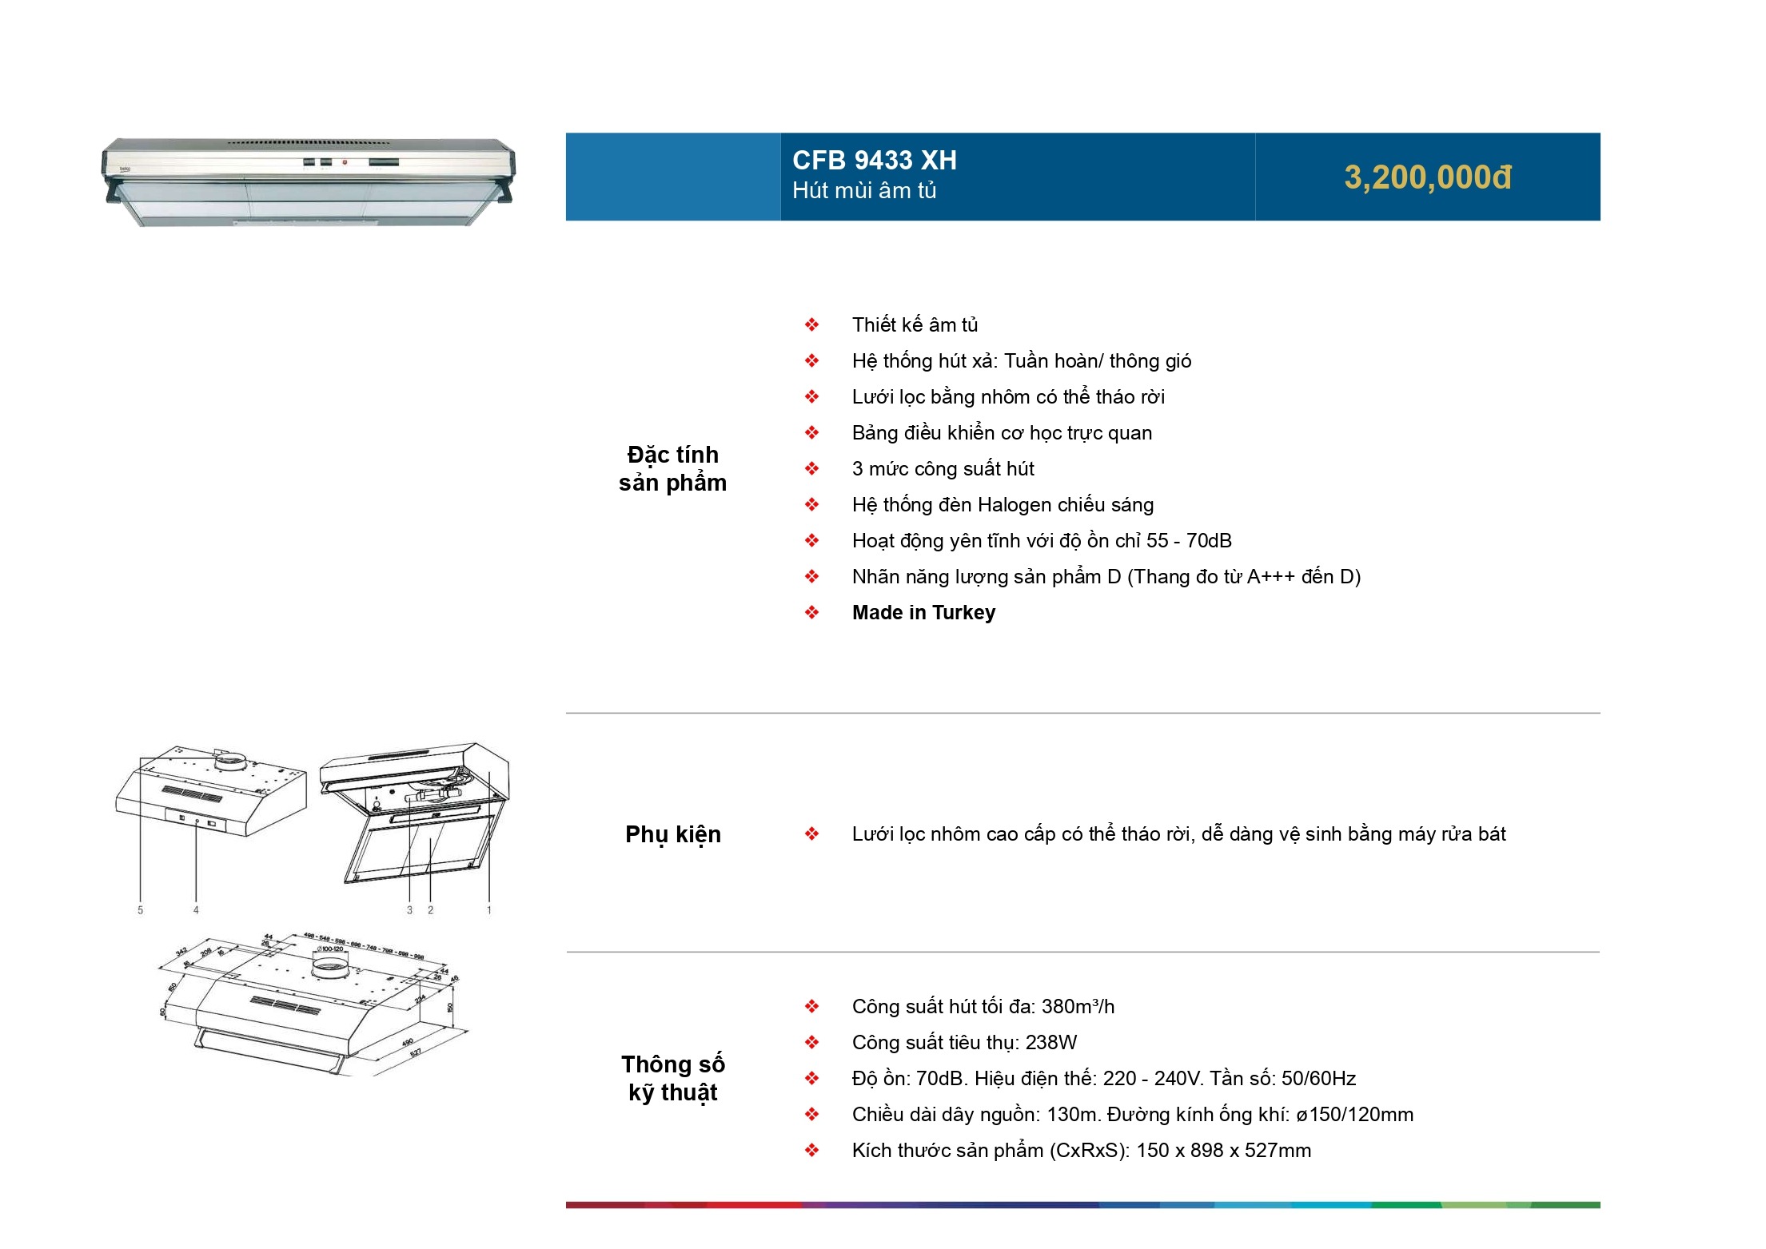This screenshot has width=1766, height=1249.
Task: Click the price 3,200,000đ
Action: click(x=1427, y=177)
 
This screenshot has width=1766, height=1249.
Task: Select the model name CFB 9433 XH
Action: click(x=874, y=161)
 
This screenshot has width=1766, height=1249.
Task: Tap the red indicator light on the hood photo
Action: click(x=345, y=163)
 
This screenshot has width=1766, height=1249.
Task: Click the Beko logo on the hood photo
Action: click(x=126, y=169)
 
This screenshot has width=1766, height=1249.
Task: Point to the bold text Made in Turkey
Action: click(x=923, y=613)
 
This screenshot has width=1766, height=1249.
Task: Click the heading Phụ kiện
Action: click(x=672, y=834)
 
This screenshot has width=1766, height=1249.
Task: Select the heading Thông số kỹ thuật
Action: click(x=672, y=1078)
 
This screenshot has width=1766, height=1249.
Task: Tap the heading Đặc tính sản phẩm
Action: click(x=672, y=468)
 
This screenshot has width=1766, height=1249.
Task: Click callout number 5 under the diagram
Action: click(x=141, y=910)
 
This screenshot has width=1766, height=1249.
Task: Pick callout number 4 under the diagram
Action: click(x=196, y=910)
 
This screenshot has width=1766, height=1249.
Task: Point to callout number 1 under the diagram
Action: click(x=489, y=910)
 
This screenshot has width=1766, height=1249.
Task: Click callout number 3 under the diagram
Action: click(x=410, y=910)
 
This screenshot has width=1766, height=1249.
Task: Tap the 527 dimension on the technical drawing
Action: click(x=416, y=1054)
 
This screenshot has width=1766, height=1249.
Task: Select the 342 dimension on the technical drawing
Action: click(x=181, y=952)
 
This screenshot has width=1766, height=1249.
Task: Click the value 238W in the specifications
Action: click(x=1050, y=1043)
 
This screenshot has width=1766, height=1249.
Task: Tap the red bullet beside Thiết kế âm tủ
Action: click(x=811, y=325)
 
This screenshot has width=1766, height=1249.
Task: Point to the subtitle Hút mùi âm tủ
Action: click(x=863, y=191)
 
